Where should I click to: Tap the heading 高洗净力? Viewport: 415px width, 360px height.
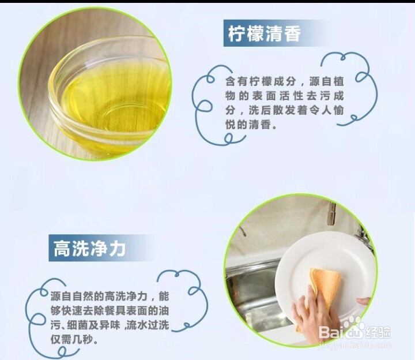point(89,249)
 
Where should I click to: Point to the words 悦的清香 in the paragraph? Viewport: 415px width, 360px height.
point(244,124)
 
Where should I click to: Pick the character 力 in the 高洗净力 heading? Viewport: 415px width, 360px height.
point(116,249)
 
